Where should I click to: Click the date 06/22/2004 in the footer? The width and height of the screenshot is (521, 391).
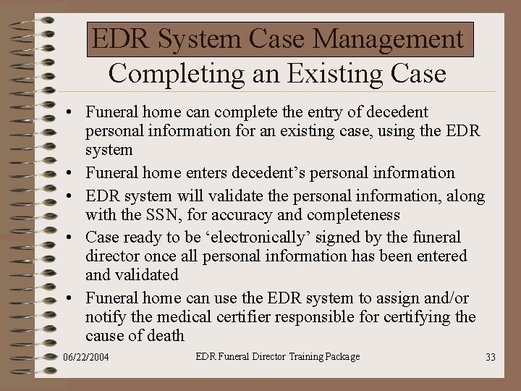tap(86, 358)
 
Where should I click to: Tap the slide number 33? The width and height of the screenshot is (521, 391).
tap(490, 357)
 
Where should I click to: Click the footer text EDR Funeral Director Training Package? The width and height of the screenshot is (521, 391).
tap(278, 356)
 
